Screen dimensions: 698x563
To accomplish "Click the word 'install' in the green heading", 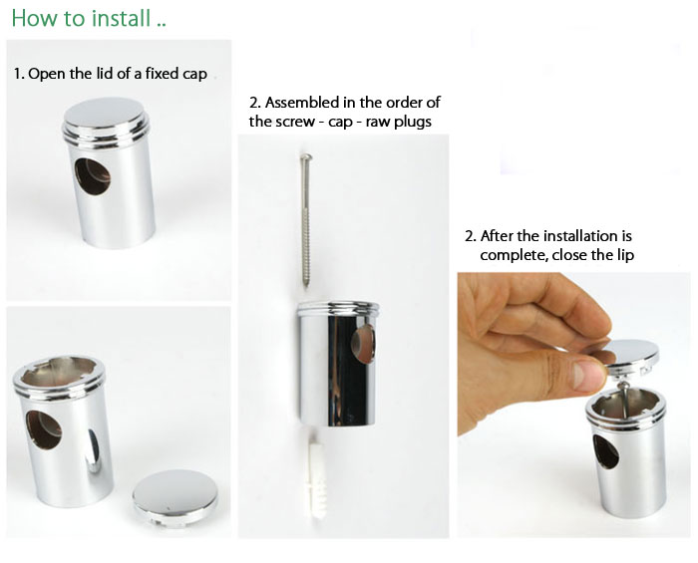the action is click(x=121, y=18).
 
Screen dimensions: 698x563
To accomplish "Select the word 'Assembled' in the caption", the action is click(x=302, y=103).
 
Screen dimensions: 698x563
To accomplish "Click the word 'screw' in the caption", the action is click(x=295, y=122).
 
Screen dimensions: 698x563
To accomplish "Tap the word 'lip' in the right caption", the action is click(x=625, y=256).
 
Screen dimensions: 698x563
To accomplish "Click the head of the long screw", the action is click(x=306, y=156).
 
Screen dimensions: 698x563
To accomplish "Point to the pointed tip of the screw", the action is click(x=306, y=285).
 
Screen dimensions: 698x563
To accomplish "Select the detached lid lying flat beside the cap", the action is click(x=174, y=498).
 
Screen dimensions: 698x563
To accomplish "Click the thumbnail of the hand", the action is click(x=588, y=375).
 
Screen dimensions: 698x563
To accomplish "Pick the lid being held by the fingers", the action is click(x=628, y=355).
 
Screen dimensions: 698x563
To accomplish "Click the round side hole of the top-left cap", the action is click(x=92, y=175).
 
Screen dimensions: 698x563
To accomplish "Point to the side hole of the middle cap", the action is click(x=363, y=344).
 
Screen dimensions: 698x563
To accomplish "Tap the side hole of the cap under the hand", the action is click(x=606, y=451).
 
